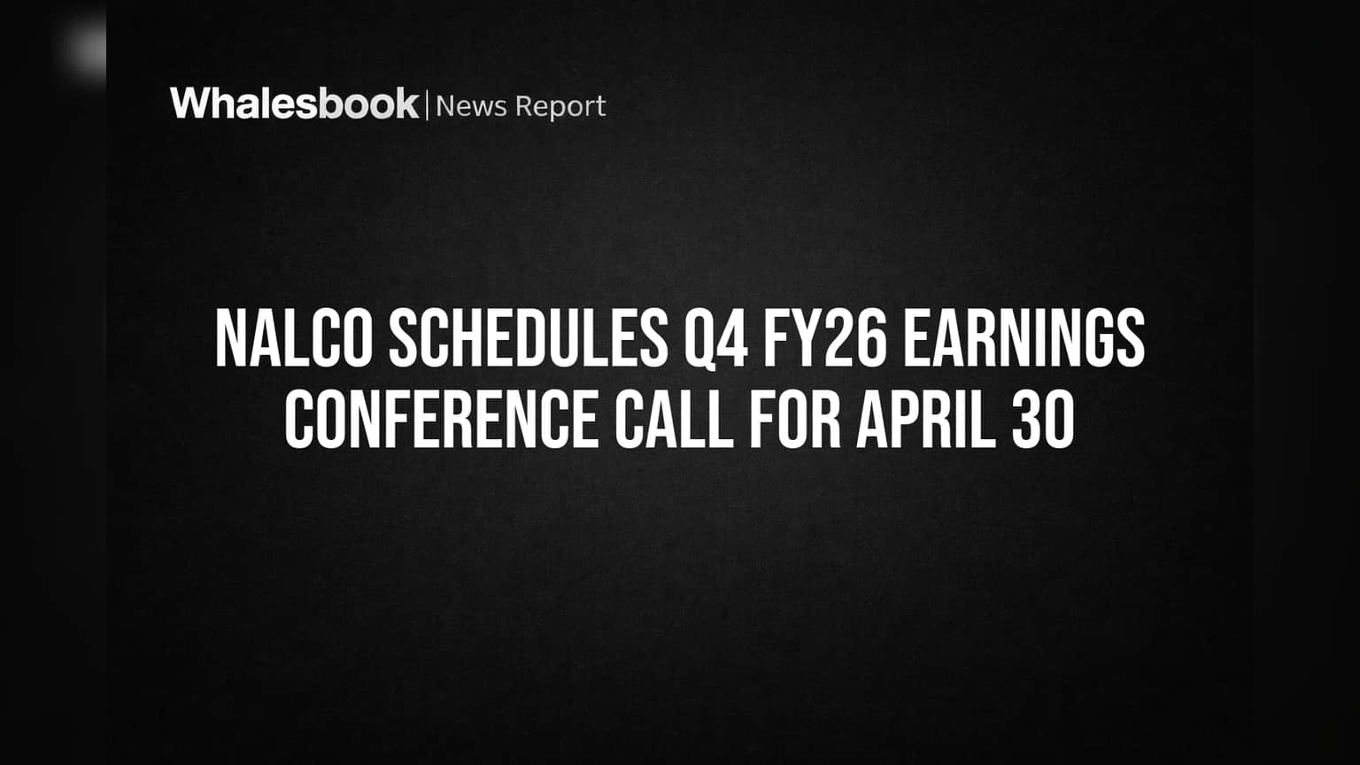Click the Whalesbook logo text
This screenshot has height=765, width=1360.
click(x=295, y=104)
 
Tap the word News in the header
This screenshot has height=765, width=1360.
click(x=471, y=106)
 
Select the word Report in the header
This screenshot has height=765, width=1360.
click(x=560, y=108)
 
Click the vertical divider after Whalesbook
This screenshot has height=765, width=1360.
click(x=428, y=104)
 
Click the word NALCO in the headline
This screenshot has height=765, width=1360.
click(x=293, y=338)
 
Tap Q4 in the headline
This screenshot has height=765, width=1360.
click(x=715, y=339)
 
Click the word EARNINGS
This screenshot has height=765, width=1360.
click(x=1024, y=338)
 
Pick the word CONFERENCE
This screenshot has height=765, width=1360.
click(x=442, y=420)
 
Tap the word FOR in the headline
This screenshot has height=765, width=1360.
click(x=795, y=420)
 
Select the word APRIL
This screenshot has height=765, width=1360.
click(x=926, y=420)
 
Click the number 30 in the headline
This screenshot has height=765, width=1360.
click(x=1043, y=420)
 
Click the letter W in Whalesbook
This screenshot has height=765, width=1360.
click(x=192, y=104)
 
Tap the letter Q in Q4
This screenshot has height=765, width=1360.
click(x=699, y=339)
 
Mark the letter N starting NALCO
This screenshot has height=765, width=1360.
click(x=230, y=338)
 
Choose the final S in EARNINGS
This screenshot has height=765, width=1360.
click(x=1131, y=338)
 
